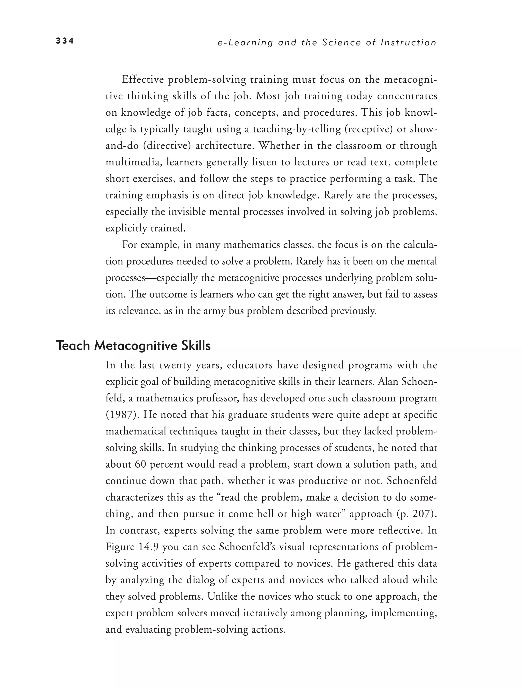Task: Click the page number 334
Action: [65, 41]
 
